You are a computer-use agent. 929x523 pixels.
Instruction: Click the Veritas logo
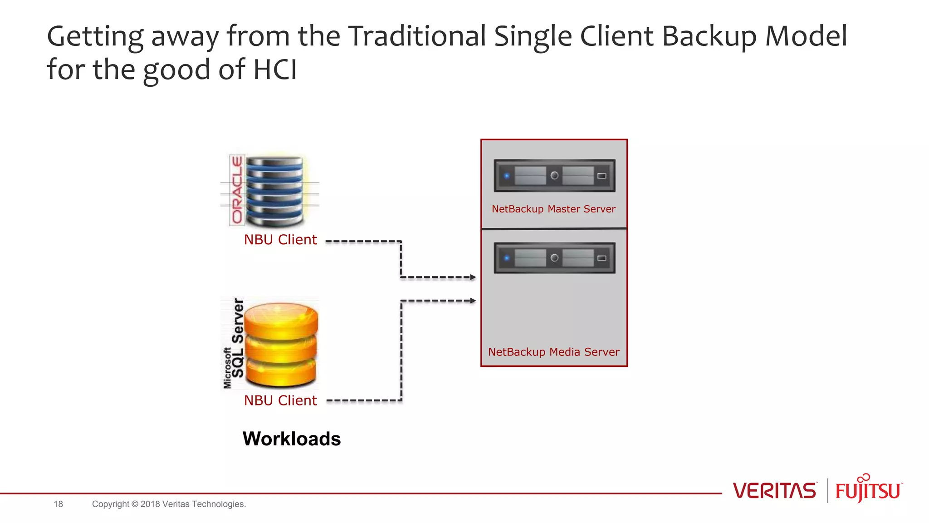click(x=774, y=491)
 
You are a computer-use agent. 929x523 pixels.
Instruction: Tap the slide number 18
click(x=58, y=504)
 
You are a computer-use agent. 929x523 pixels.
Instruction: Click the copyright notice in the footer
click(x=169, y=504)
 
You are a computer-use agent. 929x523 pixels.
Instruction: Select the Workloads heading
click(x=292, y=439)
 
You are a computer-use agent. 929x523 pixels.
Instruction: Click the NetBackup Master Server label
click(x=553, y=209)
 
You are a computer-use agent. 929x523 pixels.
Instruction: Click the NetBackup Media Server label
click(x=553, y=352)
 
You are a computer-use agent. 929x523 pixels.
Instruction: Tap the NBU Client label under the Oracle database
click(x=280, y=240)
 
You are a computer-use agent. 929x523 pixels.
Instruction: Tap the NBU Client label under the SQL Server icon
click(x=280, y=400)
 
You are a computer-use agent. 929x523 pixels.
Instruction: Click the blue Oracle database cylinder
click(x=275, y=191)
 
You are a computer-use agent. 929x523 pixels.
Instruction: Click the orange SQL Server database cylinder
click(x=281, y=344)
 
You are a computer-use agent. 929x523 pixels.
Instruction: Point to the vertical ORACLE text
click(x=237, y=190)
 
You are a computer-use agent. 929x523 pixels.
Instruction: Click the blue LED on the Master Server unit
click(x=507, y=176)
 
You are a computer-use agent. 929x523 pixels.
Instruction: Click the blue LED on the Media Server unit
click(x=507, y=258)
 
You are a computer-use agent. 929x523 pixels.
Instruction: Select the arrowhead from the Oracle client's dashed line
click(x=473, y=277)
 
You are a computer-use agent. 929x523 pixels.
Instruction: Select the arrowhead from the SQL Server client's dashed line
click(x=473, y=301)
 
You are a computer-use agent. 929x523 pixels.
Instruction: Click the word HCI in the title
click(x=275, y=69)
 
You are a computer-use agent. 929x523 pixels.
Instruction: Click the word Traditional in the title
click(x=417, y=36)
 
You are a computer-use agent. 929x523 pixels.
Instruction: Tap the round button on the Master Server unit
click(x=554, y=175)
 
